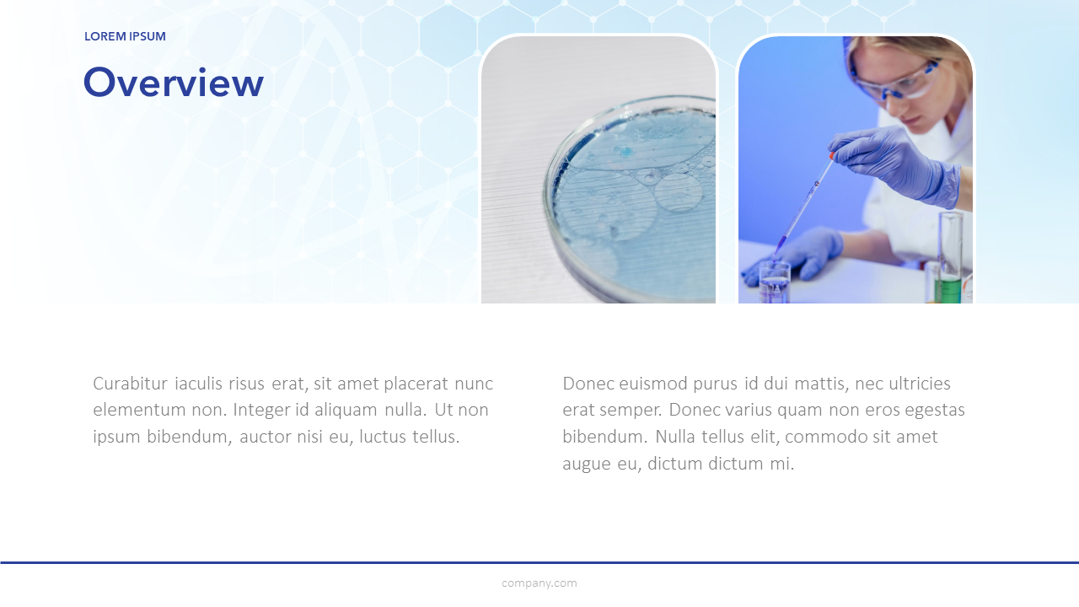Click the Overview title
tap(174, 83)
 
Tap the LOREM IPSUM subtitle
tap(126, 36)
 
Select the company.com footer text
tap(539, 583)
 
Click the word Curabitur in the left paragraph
tap(130, 384)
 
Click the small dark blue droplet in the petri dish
tap(626, 153)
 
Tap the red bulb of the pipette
tap(832, 156)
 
